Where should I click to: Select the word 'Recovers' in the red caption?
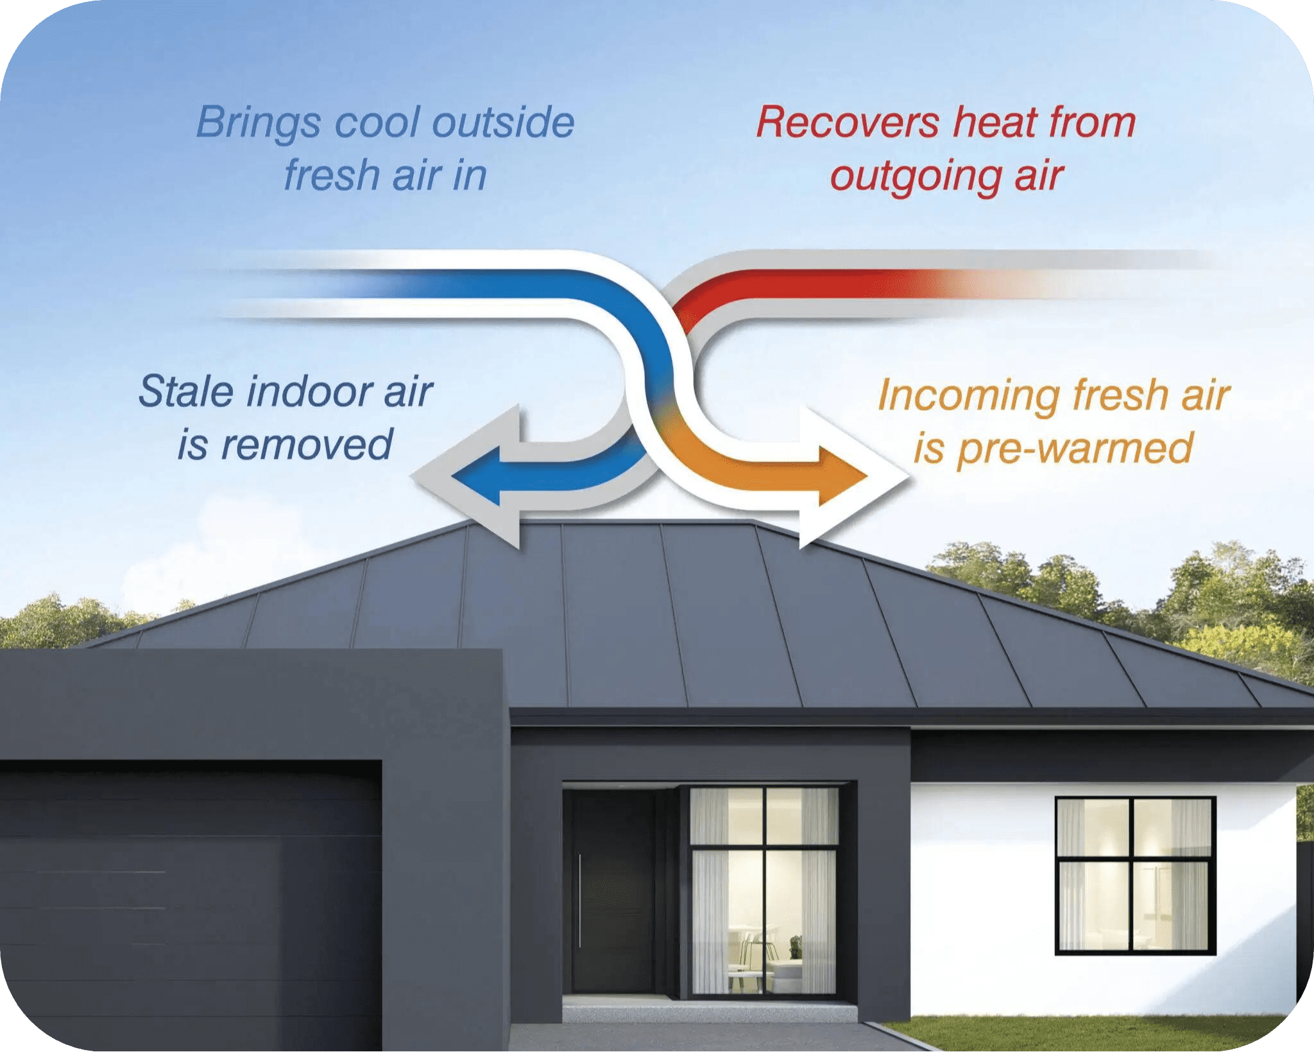848,122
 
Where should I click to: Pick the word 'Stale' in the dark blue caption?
186,392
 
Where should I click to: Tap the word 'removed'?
307,444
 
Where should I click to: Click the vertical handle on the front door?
580,899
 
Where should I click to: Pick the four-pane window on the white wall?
1135,875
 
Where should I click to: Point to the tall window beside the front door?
763,891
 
